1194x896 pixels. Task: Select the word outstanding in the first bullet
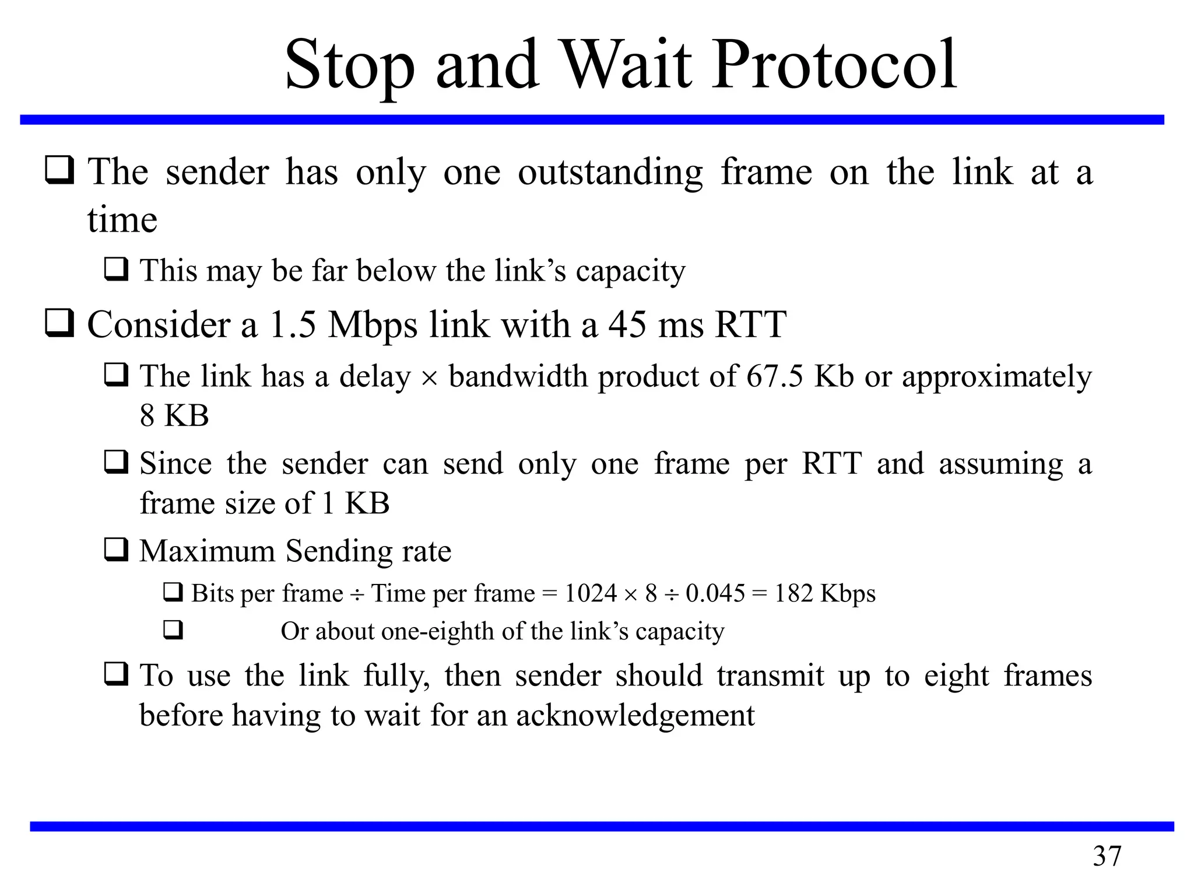coord(610,173)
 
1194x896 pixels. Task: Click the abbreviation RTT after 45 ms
coord(750,324)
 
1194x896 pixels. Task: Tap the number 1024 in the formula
coord(591,593)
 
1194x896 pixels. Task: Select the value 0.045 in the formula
coord(715,593)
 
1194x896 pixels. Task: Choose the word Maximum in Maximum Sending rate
coord(207,551)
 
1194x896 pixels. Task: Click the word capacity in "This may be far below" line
coord(630,271)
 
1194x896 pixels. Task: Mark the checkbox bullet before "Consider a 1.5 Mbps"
coord(59,323)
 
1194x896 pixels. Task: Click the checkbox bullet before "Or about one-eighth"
coord(173,631)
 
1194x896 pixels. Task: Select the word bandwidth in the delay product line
coord(518,376)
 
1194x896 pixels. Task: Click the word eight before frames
coord(957,676)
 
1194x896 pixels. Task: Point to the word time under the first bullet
coord(122,220)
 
